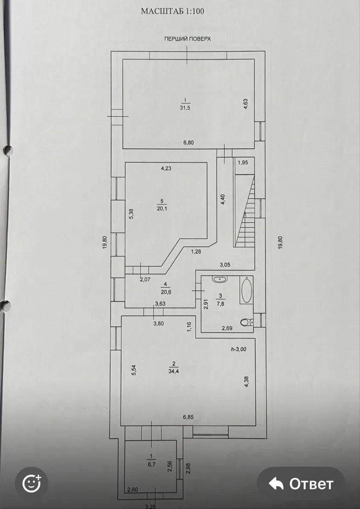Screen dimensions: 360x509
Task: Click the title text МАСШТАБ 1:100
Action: [x=172, y=12]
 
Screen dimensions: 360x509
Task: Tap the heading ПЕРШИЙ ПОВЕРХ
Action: [x=188, y=38]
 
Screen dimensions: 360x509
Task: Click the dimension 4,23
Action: [x=166, y=168]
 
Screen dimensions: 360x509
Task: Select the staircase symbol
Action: [x=244, y=211]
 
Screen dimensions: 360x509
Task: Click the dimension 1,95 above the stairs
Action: [x=243, y=163]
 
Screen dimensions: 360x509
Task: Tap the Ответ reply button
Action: [x=301, y=484]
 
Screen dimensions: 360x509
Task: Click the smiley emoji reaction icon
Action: [x=32, y=484]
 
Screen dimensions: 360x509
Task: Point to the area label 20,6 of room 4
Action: [x=166, y=291]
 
